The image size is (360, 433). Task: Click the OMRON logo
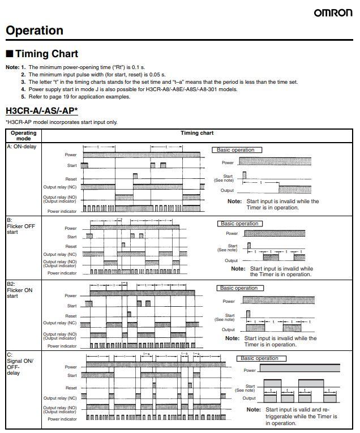pyautogui.click(x=333, y=12)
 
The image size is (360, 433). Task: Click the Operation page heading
pyautogui.click(x=35, y=31)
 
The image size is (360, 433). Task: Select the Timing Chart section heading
pyautogui.click(x=46, y=54)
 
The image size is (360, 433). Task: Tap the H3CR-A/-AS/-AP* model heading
pyautogui.click(x=42, y=110)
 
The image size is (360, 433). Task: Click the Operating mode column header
pyautogui.click(x=23, y=136)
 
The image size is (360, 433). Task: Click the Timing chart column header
pyautogui.click(x=197, y=134)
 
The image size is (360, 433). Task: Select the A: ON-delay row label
pyautogui.click(x=21, y=147)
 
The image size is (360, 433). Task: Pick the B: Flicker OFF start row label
pyautogui.click(x=21, y=225)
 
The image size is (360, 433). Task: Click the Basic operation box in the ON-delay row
pyautogui.click(x=236, y=150)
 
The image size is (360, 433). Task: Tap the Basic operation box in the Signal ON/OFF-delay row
pyautogui.click(x=260, y=358)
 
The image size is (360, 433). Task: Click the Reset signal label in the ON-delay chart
pyautogui.click(x=71, y=179)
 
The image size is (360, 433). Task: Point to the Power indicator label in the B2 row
pyautogui.click(x=62, y=346)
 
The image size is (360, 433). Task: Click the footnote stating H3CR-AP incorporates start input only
pyautogui.click(x=62, y=122)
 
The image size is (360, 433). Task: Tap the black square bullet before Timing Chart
pyautogui.click(x=9, y=54)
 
